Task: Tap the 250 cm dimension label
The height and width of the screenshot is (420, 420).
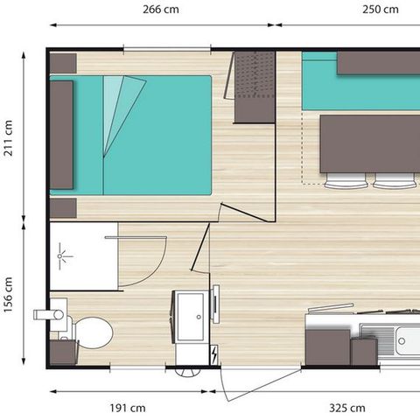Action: (380, 10)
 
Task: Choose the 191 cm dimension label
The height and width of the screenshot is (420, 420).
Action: (127, 408)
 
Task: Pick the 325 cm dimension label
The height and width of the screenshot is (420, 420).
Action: (346, 408)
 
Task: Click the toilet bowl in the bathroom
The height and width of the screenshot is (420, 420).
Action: (94, 333)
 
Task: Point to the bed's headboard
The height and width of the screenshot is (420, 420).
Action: (61, 136)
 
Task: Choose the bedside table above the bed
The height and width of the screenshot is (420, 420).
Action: (63, 63)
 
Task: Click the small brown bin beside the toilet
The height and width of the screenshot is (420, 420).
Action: (62, 352)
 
